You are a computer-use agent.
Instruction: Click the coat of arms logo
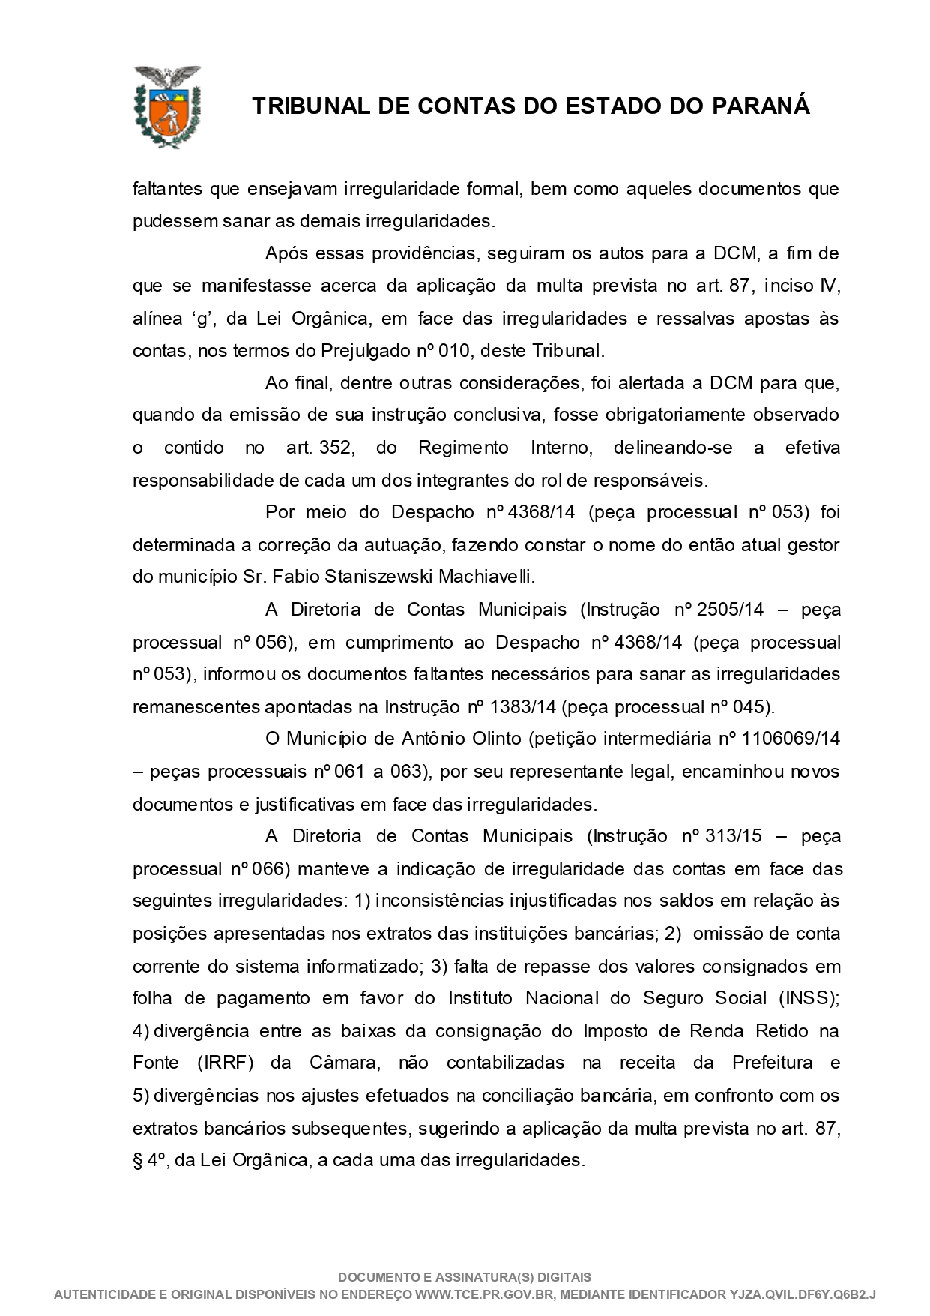pyautogui.click(x=166, y=106)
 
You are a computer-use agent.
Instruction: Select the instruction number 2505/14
pyautogui.click(x=730, y=609)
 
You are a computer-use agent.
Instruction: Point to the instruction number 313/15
pyautogui.click(x=734, y=836)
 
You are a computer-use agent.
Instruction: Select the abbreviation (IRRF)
pyautogui.click(x=225, y=1063)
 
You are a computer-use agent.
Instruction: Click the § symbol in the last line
pyautogui.click(x=137, y=1160)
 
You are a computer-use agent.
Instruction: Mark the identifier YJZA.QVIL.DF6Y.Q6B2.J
pyautogui.click(x=802, y=1294)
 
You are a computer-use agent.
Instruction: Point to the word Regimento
pyautogui.click(x=463, y=448)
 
